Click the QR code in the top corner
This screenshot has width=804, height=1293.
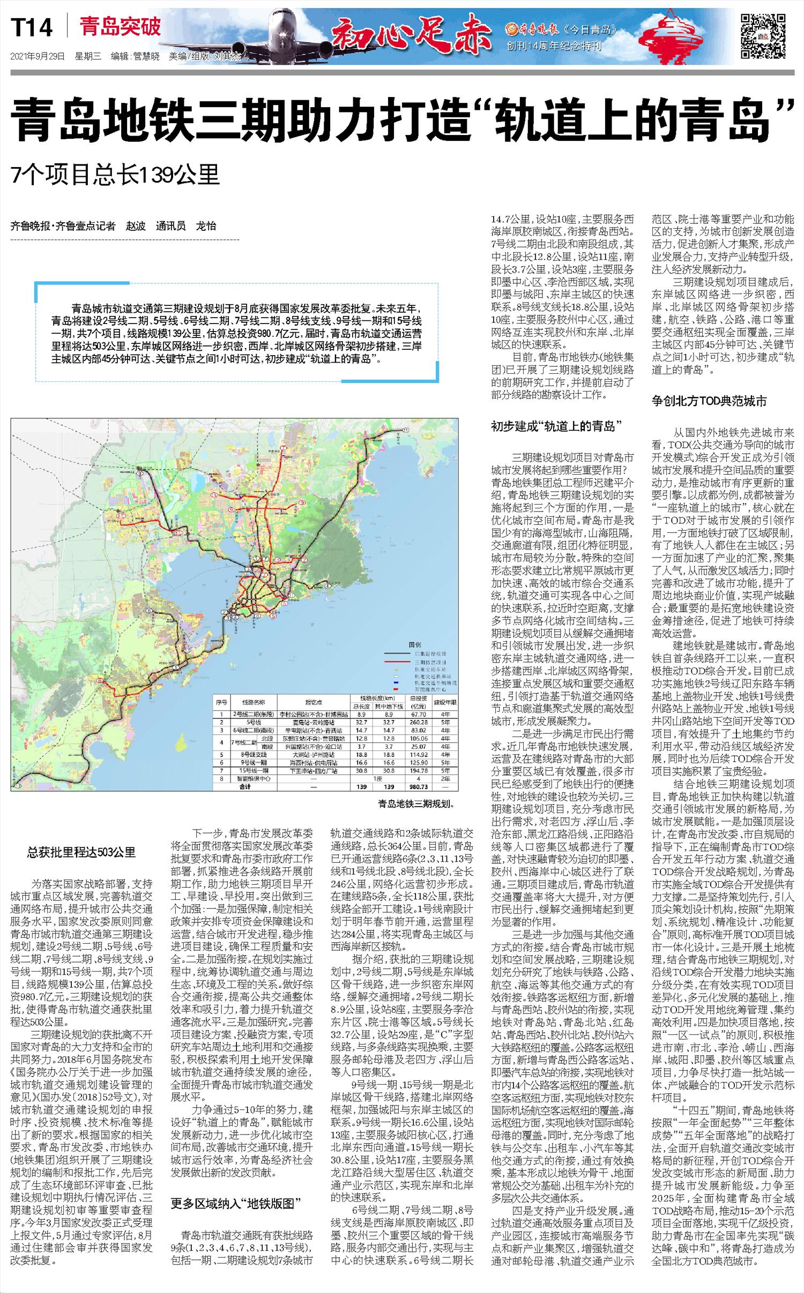point(763,36)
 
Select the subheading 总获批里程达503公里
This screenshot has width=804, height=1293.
point(81,852)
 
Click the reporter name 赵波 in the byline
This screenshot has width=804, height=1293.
point(136,226)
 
